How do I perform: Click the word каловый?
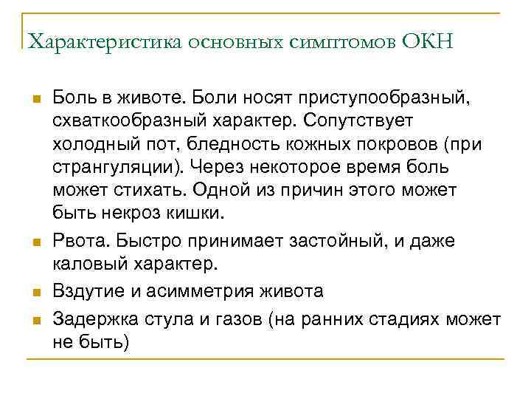point(93,264)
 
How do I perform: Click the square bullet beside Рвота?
point(35,242)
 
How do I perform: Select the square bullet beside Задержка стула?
point(35,320)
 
